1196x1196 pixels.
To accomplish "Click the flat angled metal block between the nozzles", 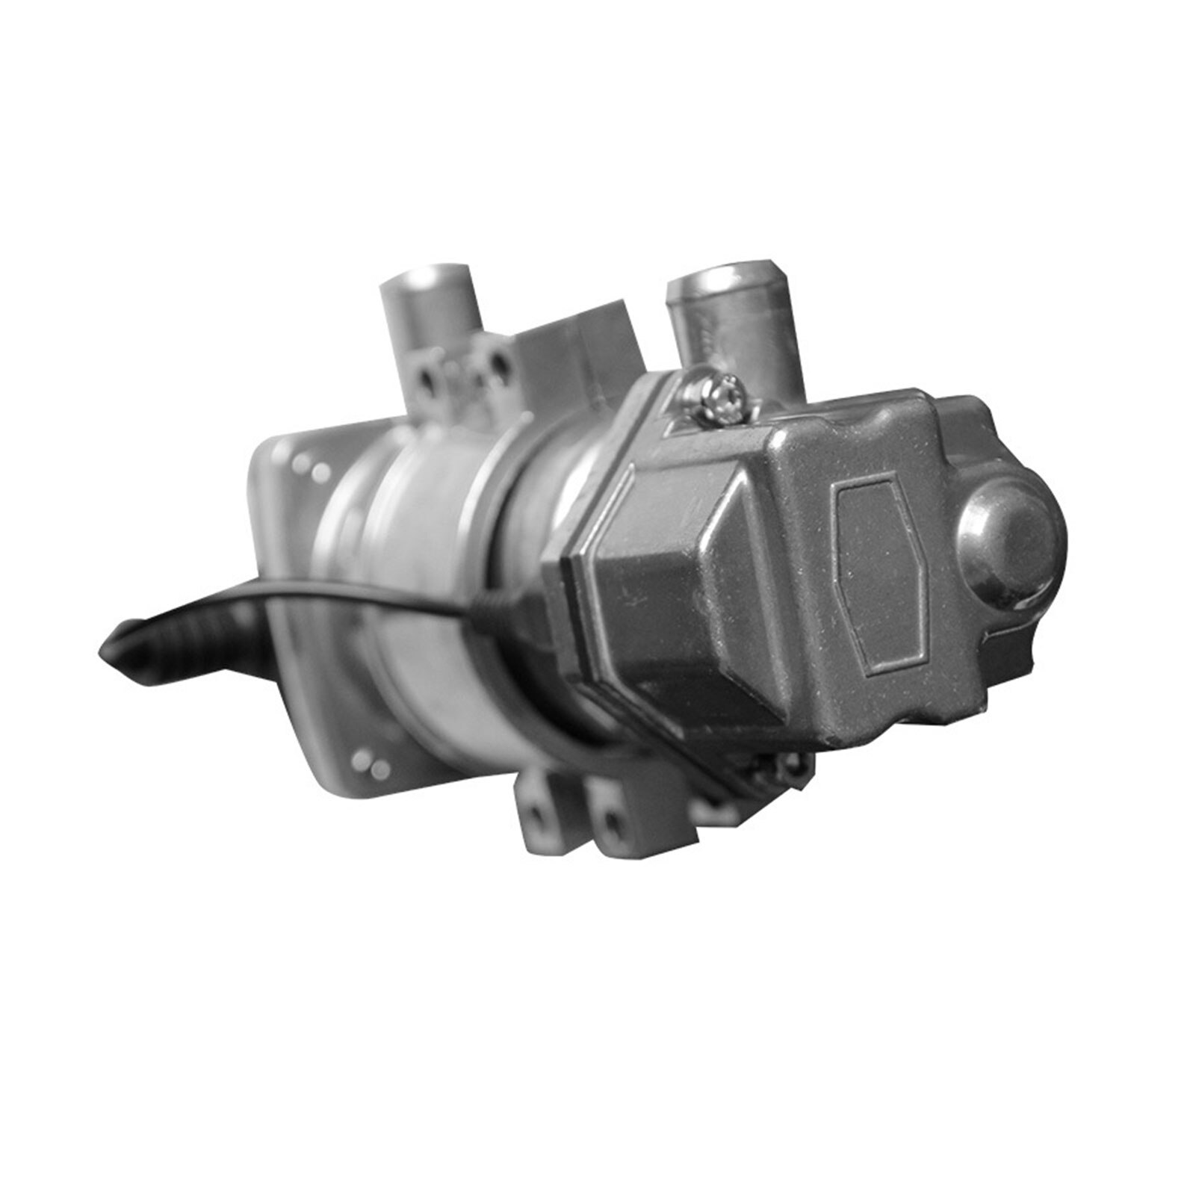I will click(x=579, y=340).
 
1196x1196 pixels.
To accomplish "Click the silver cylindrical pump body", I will click(x=418, y=568).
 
